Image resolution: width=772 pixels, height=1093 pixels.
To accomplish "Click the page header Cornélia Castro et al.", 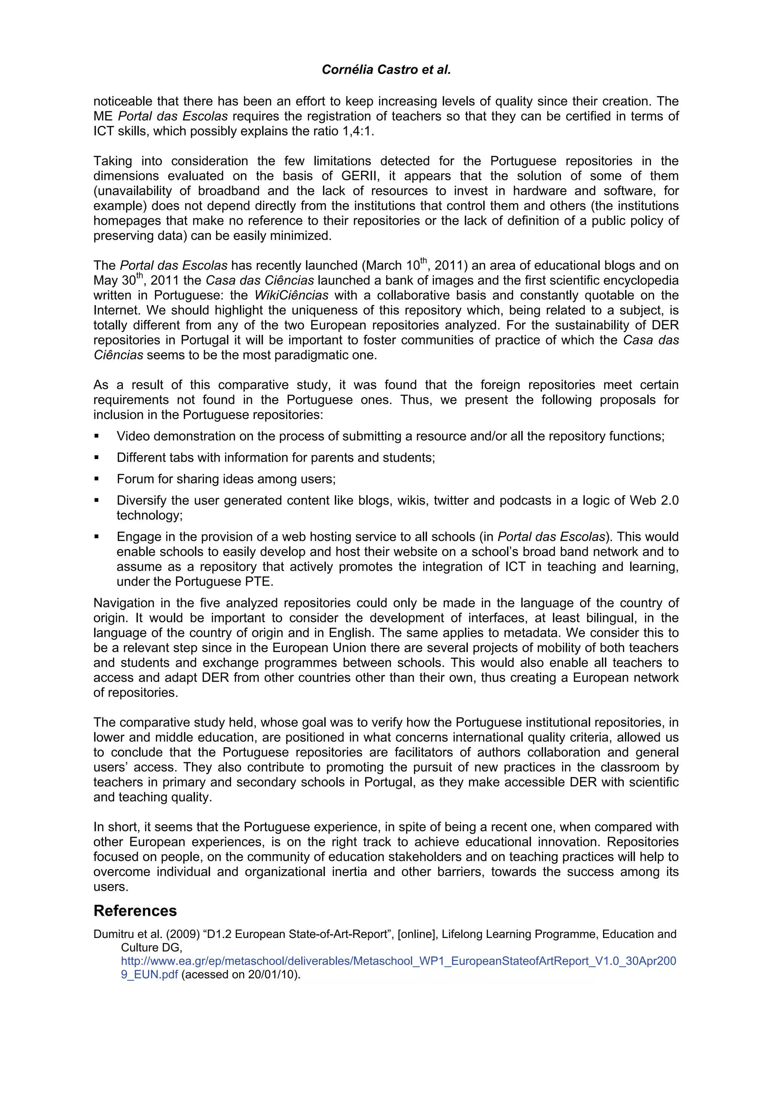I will (386, 70).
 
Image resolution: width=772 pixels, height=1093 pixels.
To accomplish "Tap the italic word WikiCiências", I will (291, 296).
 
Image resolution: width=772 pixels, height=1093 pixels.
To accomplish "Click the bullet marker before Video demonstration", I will (96, 436).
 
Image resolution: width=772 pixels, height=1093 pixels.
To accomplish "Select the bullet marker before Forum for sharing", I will (96, 479).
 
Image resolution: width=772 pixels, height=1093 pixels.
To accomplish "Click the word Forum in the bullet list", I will (135, 479).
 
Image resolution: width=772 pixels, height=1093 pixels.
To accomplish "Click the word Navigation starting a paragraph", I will (124, 603).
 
